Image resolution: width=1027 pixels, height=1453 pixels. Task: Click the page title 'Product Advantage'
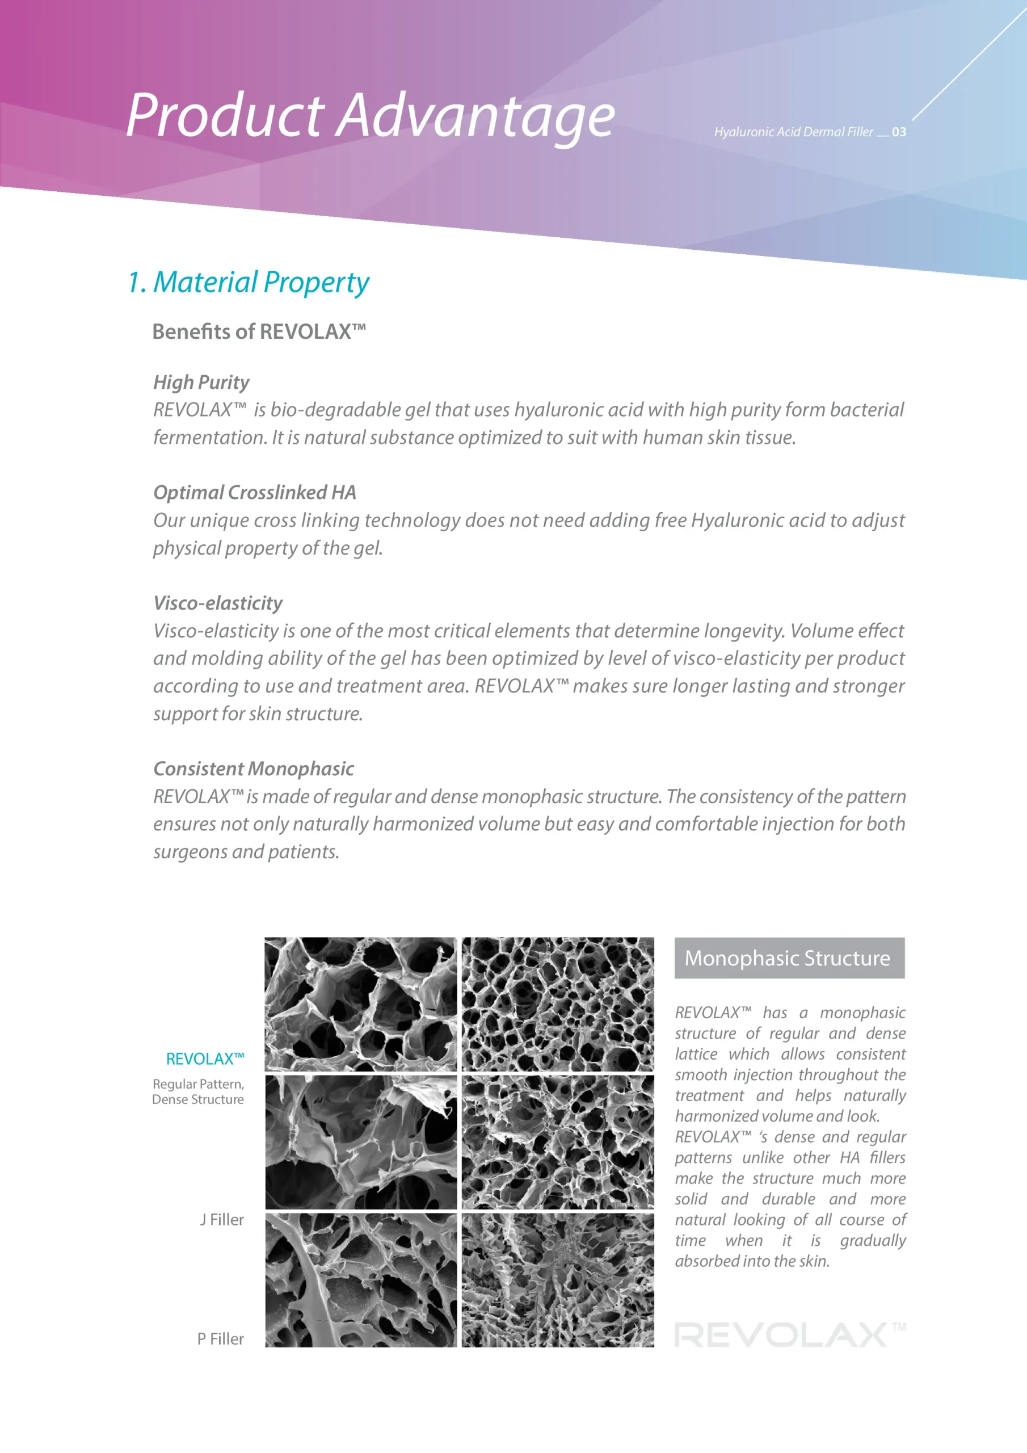[x=370, y=115]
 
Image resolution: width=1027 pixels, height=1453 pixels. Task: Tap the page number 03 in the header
[x=899, y=132]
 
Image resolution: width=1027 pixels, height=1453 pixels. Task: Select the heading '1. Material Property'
[x=248, y=282]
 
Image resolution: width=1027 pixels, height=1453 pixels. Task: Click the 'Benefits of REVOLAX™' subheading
[x=259, y=331]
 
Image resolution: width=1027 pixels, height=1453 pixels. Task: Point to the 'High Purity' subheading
[x=201, y=381]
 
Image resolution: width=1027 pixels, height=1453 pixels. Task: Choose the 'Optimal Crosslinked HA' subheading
[x=254, y=492]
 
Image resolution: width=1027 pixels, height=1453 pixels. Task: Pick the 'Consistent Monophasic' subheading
[x=253, y=769]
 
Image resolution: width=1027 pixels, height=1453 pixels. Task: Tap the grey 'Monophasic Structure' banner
[x=789, y=958]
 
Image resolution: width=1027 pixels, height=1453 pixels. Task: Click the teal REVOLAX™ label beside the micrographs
[x=204, y=1059]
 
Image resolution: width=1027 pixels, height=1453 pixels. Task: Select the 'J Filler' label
[x=221, y=1220]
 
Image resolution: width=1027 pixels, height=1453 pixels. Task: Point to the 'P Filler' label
[x=220, y=1338]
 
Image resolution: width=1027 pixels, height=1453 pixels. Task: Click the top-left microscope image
[x=360, y=1003]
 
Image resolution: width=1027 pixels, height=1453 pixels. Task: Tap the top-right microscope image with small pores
[x=558, y=1003]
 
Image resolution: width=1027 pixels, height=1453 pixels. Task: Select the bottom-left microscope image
[x=360, y=1279]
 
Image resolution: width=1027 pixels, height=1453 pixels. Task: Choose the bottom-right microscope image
[x=558, y=1279]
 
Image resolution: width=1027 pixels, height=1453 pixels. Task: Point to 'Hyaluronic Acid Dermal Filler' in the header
[x=793, y=132]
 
